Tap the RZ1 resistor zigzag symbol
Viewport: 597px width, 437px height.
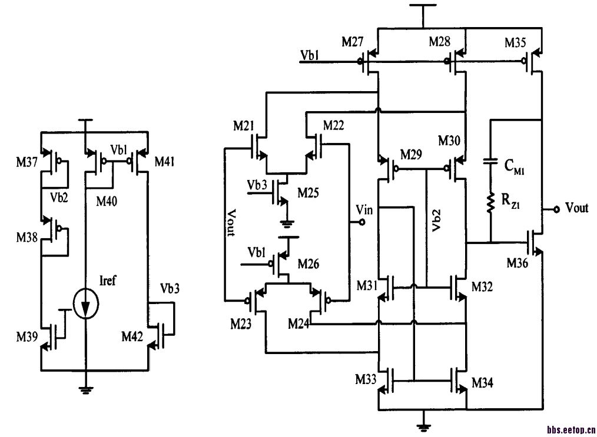pyautogui.click(x=490, y=203)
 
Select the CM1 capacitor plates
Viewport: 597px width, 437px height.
pyautogui.click(x=490, y=160)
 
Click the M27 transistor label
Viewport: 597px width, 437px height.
pyautogui.click(x=354, y=42)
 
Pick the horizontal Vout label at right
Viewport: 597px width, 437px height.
pyautogui.click(x=576, y=208)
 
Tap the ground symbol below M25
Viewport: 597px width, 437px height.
pyautogui.click(x=287, y=223)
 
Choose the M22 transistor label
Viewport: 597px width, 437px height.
pyautogui.click(x=333, y=125)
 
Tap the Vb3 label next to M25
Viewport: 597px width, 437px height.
pyautogui.click(x=258, y=184)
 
